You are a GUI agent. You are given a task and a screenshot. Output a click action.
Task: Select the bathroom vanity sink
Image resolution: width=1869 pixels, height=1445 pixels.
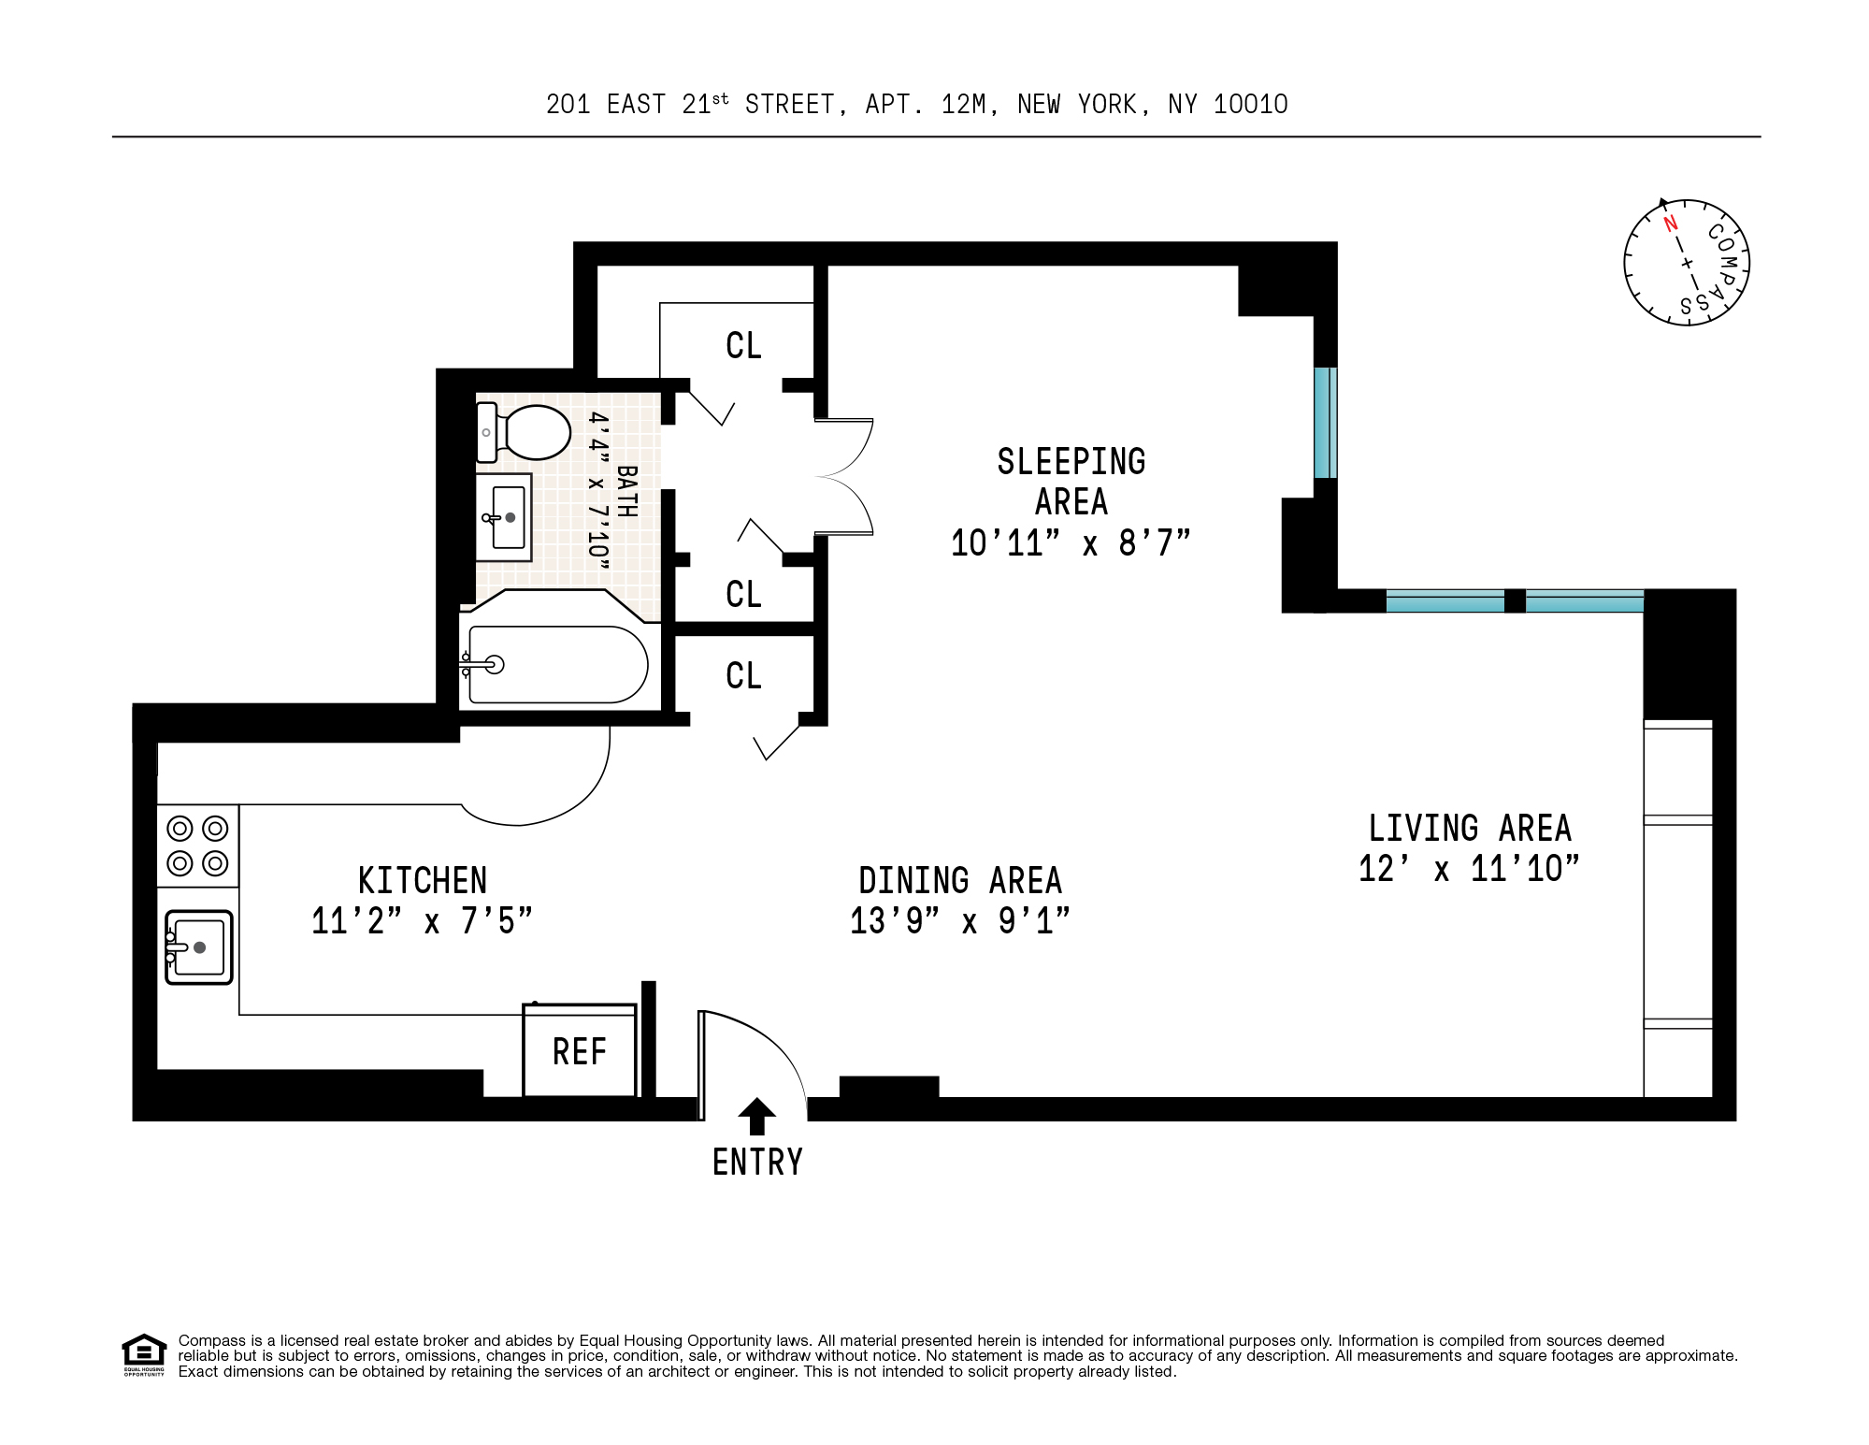pyautogui.click(x=504, y=517)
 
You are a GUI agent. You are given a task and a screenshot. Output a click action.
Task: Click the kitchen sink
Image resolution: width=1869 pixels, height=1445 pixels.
pyautogui.click(x=199, y=947)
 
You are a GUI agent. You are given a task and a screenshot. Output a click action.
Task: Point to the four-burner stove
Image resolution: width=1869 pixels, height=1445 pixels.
pyautogui.click(x=197, y=845)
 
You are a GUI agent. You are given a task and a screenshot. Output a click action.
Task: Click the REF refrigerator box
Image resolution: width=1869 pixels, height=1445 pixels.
pyautogui.click(x=580, y=1049)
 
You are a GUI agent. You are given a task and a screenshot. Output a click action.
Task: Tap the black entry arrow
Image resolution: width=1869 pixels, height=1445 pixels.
pyautogui.click(x=757, y=1116)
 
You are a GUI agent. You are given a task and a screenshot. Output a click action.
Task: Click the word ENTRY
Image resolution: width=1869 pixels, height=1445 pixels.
pyautogui.click(x=757, y=1163)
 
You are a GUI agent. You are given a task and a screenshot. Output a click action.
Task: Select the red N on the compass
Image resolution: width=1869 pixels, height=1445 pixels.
pyautogui.click(x=1670, y=224)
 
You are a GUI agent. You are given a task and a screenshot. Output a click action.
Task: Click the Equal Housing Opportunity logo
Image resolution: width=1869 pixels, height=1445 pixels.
pyautogui.click(x=144, y=1355)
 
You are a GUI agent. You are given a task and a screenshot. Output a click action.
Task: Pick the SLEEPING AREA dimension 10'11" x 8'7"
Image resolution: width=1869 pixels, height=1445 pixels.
pyautogui.click(x=1071, y=542)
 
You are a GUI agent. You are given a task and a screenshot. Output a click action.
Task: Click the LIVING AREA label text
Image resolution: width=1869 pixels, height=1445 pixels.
pyautogui.click(x=1470, y=828)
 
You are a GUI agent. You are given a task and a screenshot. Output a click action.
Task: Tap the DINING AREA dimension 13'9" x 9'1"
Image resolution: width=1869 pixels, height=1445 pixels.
pyautogui.click(x=959, y=920)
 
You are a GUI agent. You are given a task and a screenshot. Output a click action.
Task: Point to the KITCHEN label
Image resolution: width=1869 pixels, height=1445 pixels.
pyautogui.click(x=423, y=880)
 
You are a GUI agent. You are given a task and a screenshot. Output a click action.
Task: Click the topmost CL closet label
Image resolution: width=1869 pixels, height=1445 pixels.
pyautogui.click(x=744, y=345)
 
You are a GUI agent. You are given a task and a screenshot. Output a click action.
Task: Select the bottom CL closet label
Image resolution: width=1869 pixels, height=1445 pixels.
pyautogui.click(x=744, y=675)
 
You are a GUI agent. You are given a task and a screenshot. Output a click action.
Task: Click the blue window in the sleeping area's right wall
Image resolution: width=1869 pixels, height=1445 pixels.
pyautogui.click(x=1325, y=423)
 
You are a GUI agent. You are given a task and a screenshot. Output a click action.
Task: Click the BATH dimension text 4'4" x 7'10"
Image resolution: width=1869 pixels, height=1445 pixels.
pyautogui.click(x=598, y=490)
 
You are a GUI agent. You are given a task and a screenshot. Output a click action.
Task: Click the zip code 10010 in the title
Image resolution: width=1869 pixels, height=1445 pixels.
pyautogui.click(x=1251, y=104)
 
